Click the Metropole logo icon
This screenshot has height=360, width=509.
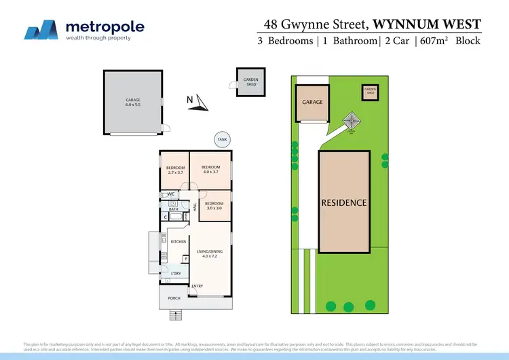(x=41, y=30)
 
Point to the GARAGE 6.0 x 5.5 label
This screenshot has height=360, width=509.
(x=132, y=103)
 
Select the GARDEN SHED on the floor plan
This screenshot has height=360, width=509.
(x=251, y=82)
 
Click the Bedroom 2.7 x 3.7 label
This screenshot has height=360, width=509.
(x=174, y=170)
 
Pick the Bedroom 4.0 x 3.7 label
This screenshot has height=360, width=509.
(x=210, y=170)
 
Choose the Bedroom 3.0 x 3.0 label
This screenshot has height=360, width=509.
(x=214, y=206)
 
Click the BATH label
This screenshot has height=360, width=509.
(x=174, y=209)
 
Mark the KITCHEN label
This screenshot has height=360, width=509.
(x=178, y=242)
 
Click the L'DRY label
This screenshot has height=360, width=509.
(x=175, y=273)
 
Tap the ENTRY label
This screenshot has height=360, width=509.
(x=197, y=286)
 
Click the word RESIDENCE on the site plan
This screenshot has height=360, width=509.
(x=343, y=202)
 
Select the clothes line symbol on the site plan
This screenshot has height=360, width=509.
(x=351, y=122)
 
